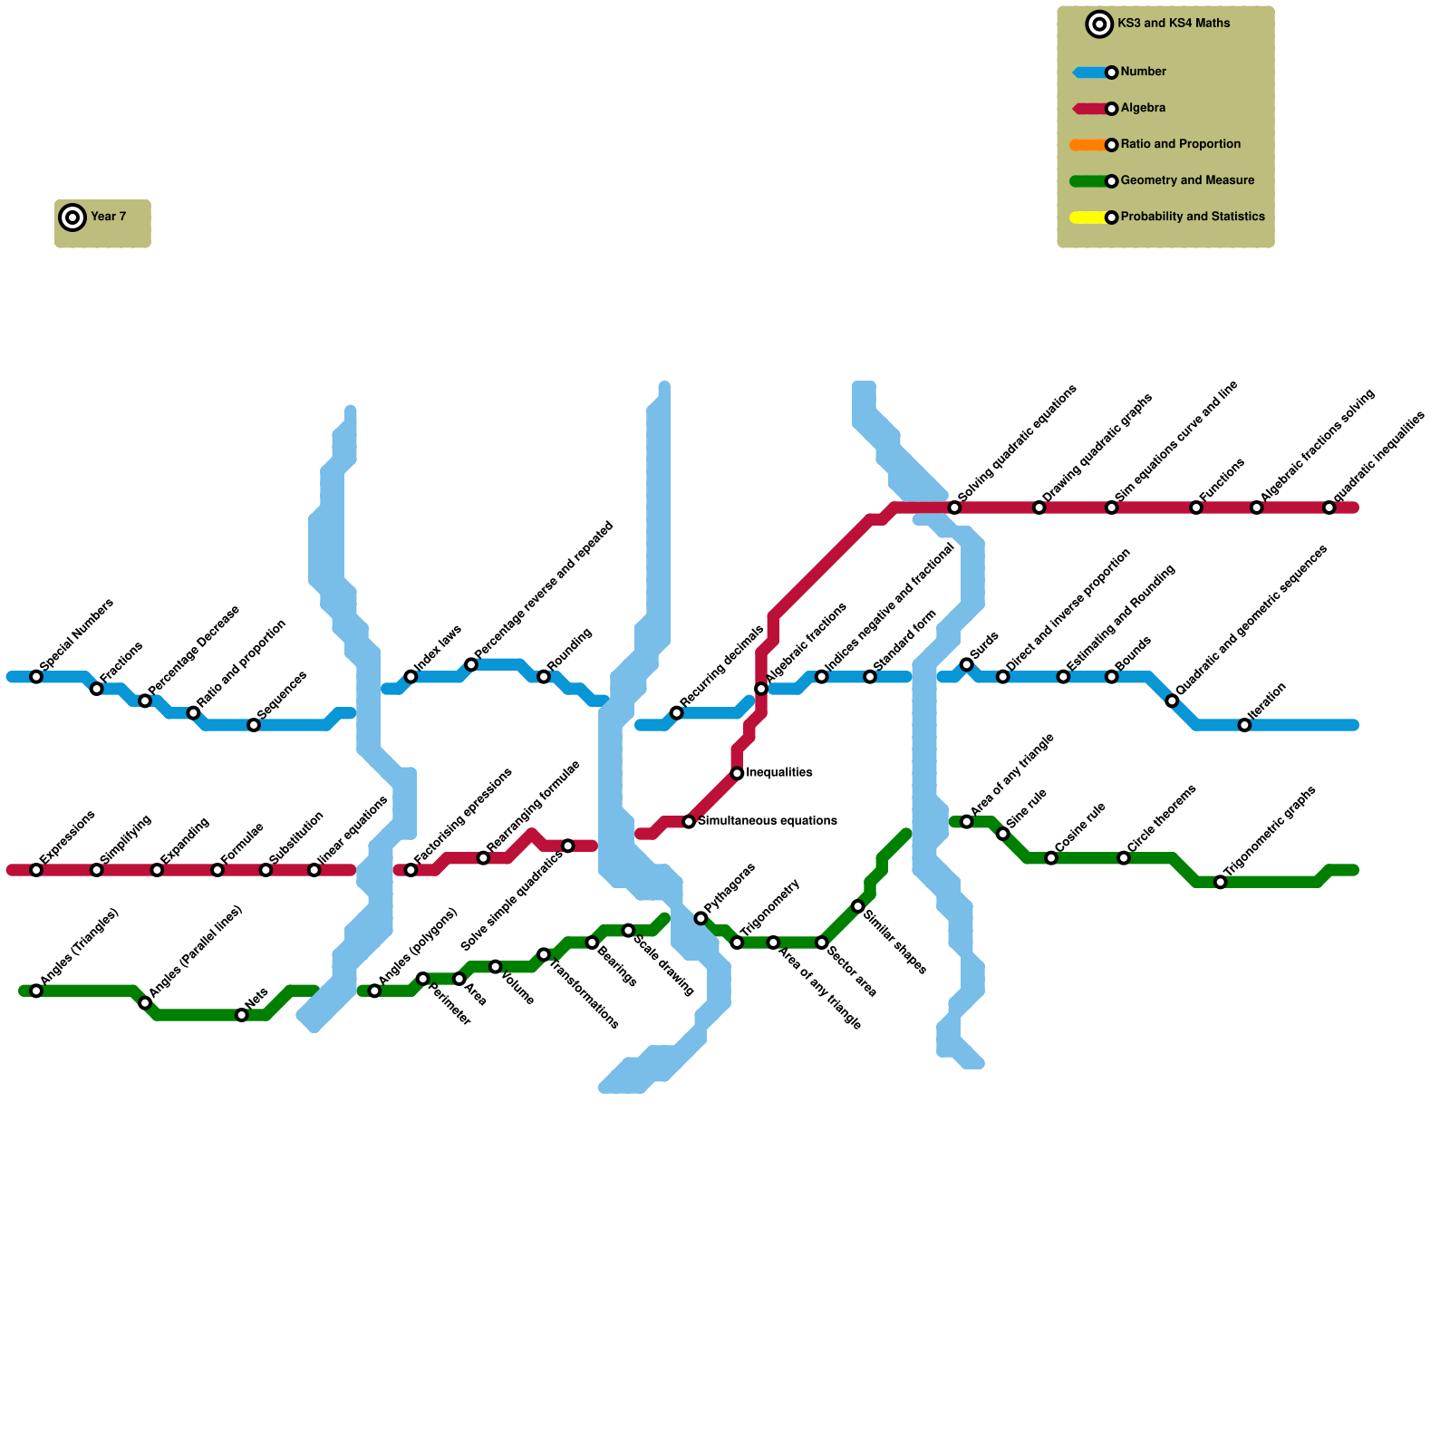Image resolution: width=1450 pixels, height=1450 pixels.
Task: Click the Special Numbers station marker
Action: click(36, 677)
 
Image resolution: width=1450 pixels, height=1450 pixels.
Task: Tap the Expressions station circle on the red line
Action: click(36, 870)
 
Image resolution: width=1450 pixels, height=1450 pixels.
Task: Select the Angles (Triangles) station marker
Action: click(36, 991)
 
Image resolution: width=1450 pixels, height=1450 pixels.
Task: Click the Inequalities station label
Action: click(778, 773)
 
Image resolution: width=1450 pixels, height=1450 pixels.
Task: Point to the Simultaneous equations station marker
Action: click(689, 822)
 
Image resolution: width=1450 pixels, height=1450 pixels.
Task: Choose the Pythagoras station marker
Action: click(701, 918)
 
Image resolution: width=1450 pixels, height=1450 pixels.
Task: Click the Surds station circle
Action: click(967, 665)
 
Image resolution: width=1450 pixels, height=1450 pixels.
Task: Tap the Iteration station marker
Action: click(1244, 725)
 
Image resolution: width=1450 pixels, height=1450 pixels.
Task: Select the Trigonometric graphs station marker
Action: click(1221, 882)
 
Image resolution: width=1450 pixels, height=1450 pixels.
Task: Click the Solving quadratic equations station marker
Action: click(954, 507)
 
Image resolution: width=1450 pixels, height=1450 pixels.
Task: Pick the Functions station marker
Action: click(1196, 507)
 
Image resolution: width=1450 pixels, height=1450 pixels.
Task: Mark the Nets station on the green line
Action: click(242, 1015)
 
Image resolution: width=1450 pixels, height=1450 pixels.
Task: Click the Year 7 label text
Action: click(108, 217)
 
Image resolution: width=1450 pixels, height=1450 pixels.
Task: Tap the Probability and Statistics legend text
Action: click(1192, 217)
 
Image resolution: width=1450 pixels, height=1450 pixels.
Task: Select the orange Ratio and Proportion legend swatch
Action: click(1088, 145)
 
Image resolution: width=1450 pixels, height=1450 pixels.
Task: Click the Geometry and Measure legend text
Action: click(1187, 180)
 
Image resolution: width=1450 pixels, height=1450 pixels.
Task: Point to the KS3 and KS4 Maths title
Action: click(1174, 24)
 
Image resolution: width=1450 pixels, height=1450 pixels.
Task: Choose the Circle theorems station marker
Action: click(1124, 858)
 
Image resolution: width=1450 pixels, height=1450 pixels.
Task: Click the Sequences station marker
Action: click(254, 725)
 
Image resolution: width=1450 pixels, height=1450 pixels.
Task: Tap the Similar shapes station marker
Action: click(858, 906)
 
